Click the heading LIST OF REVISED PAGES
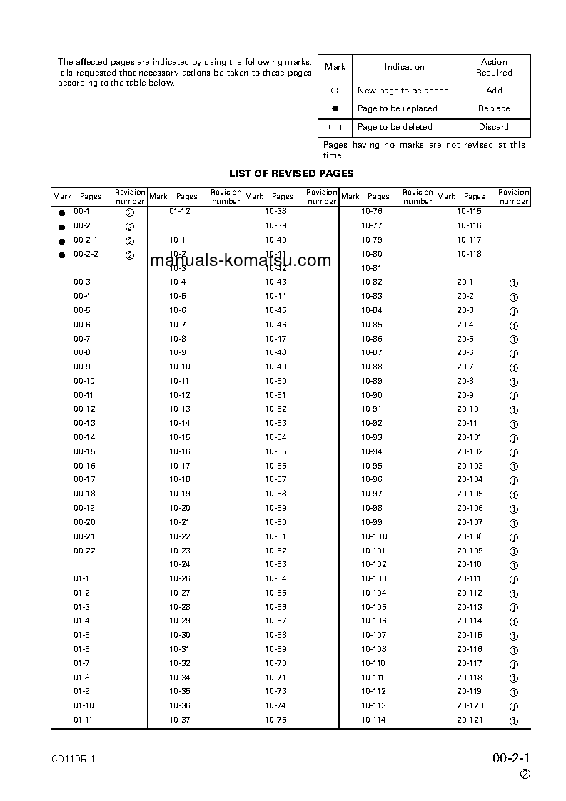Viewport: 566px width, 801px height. [290, 173]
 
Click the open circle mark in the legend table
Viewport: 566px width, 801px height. [335, 91]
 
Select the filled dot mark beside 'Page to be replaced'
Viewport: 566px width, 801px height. [335, 109]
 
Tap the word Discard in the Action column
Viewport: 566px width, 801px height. [494, 127]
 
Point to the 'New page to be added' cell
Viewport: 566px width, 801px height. [403, 91]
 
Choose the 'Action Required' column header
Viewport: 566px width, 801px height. [494, 67]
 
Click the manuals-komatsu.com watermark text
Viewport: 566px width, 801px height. [241, 260]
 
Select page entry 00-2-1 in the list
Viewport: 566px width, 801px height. [86, 240]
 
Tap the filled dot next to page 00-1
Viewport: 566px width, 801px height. [61, 213]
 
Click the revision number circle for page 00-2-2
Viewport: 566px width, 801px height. [130, 255]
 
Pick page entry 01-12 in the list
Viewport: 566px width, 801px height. [180, 211]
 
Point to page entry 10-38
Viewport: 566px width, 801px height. [276, 211]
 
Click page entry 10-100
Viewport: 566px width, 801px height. [374, 536]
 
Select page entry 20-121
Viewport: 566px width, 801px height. [470, 720]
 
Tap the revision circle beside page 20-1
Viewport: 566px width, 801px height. [513, 283]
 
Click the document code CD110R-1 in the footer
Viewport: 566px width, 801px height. [74, 759]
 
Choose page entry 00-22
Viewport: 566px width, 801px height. [84, 551]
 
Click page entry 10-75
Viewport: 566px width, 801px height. [276, 720]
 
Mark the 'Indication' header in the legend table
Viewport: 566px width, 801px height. [405, 67]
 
